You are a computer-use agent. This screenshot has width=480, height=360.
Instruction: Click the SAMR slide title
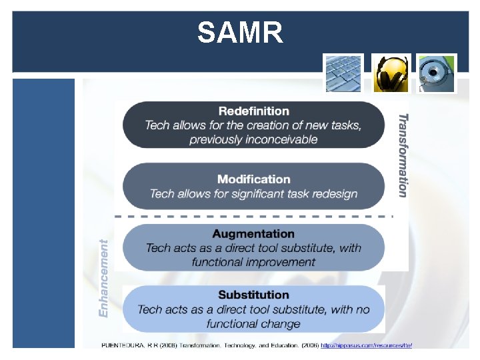240,32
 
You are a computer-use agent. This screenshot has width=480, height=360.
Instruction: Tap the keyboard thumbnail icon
343,73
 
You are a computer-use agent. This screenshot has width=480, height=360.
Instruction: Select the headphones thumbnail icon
391,73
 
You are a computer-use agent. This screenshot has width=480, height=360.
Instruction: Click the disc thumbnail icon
437,73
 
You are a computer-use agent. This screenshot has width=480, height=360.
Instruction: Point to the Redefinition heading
253,111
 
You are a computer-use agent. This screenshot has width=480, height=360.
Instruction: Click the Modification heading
253,179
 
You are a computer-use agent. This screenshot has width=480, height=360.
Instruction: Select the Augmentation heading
253,233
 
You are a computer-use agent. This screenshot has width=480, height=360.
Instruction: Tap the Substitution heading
253,295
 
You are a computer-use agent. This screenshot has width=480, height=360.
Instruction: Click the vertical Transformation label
403,155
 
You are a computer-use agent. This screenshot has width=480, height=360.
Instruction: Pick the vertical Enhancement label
103,278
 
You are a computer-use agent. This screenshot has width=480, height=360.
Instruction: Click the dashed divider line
253,216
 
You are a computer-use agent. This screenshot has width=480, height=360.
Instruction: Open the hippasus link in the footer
370,345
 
